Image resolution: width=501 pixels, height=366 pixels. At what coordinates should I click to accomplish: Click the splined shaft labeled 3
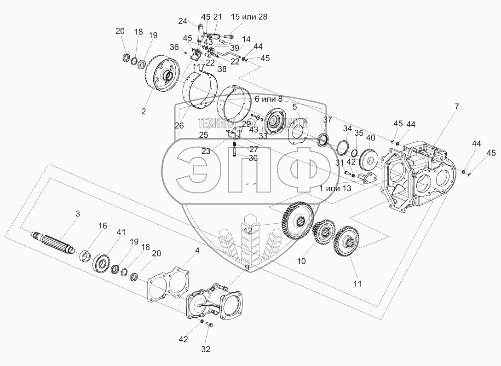point(53,243)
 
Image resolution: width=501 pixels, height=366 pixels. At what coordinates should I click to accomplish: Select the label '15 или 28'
point(249,17)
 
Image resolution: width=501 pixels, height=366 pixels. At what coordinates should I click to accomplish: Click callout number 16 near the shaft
point(102,226)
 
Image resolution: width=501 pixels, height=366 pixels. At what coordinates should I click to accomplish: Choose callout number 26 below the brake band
point(179,126)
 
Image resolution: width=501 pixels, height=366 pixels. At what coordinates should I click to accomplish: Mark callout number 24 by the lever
point(183,21)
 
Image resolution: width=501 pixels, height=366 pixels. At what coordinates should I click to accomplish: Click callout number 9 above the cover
point(247,267)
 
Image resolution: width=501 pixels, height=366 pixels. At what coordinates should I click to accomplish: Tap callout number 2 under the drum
point(144,111)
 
